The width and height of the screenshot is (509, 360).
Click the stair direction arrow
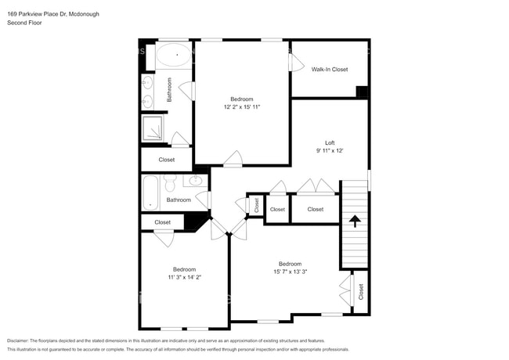pos(353,221)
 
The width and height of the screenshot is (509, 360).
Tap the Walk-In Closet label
pos(329,70)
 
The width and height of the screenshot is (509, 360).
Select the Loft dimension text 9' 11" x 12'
pos(330,150)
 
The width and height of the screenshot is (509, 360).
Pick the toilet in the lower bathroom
pos(169,185)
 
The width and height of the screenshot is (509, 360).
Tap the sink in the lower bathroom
pos(196,182)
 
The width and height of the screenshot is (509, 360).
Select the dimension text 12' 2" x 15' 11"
pos(241,106)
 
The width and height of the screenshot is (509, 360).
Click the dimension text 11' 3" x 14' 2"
pos(184,277)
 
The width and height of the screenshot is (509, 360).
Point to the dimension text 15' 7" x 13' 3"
pos(290,272)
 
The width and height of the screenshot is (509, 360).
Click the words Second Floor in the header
pos(23,22)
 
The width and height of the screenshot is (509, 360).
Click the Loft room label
pos(330,142)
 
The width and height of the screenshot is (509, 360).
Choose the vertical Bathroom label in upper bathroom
pos(169,90)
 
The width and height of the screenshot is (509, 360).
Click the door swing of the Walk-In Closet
pos(296,63)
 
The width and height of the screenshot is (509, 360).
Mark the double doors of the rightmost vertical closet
pos(346,291)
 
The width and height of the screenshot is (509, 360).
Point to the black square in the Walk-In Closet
pos(361,92)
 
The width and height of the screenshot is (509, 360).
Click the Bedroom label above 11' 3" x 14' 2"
pos(184,269)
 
